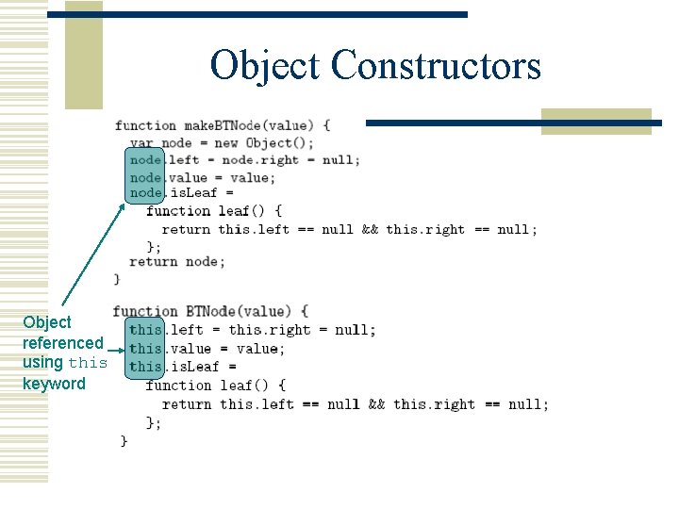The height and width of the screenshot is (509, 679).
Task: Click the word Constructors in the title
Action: pos(437,66)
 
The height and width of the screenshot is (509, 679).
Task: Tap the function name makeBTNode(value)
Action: pos(256,125)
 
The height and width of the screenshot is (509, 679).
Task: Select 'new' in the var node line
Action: pos(225,142)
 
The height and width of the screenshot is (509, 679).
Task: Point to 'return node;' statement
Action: pos(177,262)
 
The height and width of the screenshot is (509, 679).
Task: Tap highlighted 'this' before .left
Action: pos(145,330)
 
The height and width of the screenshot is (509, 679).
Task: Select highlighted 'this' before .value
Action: pos(145,349)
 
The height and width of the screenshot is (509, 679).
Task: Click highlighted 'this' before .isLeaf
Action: pos(145,367)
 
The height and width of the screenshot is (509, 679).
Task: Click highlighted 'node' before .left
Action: pos(145,159)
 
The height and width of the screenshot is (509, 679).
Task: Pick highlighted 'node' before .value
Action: pos(145,177)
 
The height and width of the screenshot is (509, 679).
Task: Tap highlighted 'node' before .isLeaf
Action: pos(145,193)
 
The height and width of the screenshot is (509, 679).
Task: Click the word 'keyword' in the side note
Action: pos(54,384)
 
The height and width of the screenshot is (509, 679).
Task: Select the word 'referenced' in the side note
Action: pos(62,343)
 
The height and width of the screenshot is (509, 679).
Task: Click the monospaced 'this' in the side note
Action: pos(88,363)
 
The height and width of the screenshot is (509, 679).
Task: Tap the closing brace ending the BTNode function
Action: pos(124,440)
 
